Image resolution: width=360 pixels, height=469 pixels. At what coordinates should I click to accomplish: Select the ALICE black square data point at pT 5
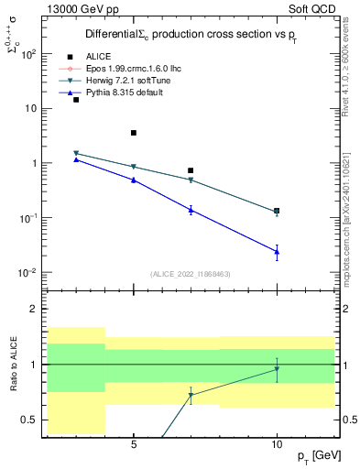(x=134, y=133)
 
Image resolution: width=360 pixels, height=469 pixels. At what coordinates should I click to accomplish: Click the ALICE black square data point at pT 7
(x=191, y=170)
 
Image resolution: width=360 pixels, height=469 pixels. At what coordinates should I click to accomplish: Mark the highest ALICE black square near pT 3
(x=76, y=100)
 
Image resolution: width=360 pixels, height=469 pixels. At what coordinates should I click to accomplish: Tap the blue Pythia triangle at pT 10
(x=277, y=251)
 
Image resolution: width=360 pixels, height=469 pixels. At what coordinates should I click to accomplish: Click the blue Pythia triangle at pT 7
(x=191, y=210)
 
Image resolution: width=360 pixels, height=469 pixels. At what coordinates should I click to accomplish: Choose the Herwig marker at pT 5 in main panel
(x=134, y=167)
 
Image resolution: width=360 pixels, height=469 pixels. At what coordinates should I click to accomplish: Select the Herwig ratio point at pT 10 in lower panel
(x=277, y=369)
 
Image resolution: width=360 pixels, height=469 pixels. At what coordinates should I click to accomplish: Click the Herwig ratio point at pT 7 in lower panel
(x=191, y=395)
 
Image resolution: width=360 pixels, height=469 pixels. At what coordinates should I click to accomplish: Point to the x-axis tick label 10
(x=277, y=444)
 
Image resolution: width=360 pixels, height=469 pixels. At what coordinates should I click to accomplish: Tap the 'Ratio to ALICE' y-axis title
(x=14, y=365)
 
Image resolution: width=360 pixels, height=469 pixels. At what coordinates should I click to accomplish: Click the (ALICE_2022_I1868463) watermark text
(x=191, y=273)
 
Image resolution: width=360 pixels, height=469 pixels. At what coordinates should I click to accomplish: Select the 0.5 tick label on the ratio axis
(x=27, y=420)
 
